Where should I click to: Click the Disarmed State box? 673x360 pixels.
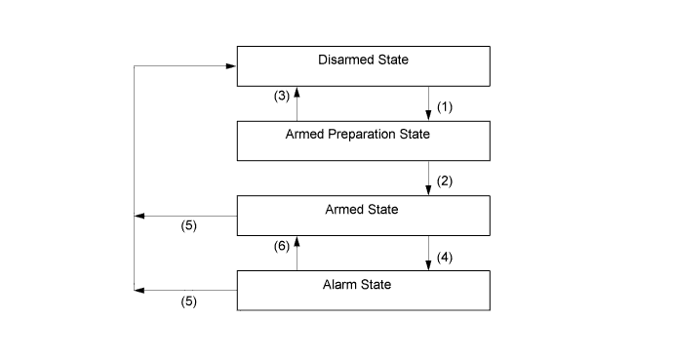(x=363, y=65)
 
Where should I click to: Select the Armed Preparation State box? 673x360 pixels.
(x=363, y=140)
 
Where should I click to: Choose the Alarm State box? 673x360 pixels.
(x=363, y=290)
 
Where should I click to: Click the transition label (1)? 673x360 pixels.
(x=446, y=105)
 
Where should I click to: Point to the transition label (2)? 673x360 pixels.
(x=446, y=180)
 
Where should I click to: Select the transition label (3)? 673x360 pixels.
(x=280, y=96)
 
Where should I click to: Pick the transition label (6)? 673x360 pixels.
(x=280, y=248)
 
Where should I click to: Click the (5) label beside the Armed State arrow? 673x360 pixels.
(x=189, y=227)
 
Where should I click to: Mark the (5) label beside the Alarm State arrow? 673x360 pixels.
(x=189, y=301)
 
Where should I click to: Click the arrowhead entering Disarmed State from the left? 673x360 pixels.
(x=231, y=66)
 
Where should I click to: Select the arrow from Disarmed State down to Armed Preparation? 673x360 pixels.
(x=429, y=103)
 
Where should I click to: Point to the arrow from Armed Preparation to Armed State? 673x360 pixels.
(x=429, y=178)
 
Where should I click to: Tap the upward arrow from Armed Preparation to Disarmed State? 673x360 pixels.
(x=297, y=103)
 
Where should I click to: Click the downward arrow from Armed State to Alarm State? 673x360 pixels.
(x=429, y=253)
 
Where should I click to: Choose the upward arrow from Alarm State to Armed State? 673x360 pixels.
(x=297, y=253)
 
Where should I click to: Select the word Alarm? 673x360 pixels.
(x=343, y=284)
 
